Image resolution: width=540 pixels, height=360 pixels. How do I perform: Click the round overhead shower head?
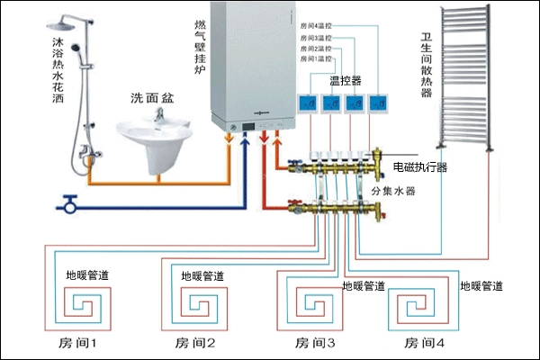pos(66,21)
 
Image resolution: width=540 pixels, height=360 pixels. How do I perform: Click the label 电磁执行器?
pos(420,167)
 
